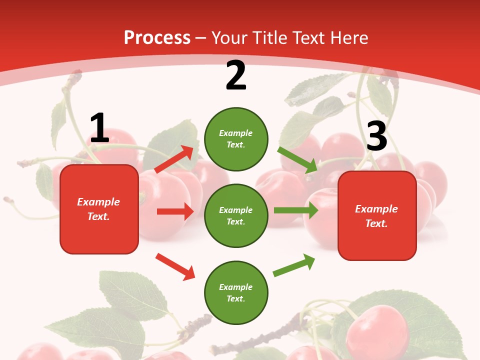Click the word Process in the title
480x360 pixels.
point(157,37)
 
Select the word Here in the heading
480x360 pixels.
point(349,37)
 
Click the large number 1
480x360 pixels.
point(99,128)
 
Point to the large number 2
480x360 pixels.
point(236,75)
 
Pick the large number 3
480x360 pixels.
point(376,136)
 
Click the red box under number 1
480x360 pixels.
point(99,209)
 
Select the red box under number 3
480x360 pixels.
point(377,215)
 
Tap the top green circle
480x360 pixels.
point(236,139)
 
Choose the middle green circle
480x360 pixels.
point(236,215)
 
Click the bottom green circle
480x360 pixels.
point(236,292)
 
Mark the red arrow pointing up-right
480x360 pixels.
point(174,159)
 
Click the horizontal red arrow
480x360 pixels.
point(175,211)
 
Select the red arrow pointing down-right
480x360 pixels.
point(175,266)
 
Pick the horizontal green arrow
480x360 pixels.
point(296,210)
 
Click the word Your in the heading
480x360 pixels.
point(229,37)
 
